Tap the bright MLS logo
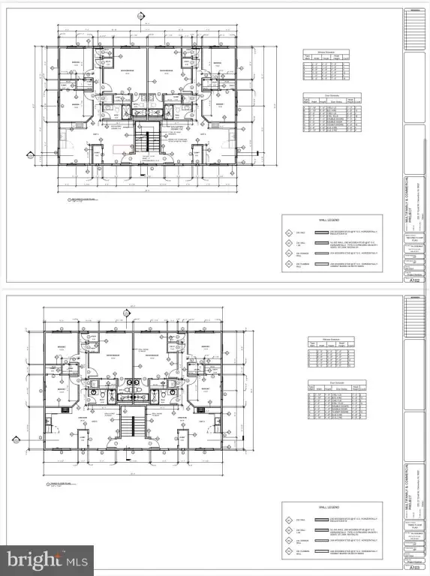pyautogui.click(x=47, y=558)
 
